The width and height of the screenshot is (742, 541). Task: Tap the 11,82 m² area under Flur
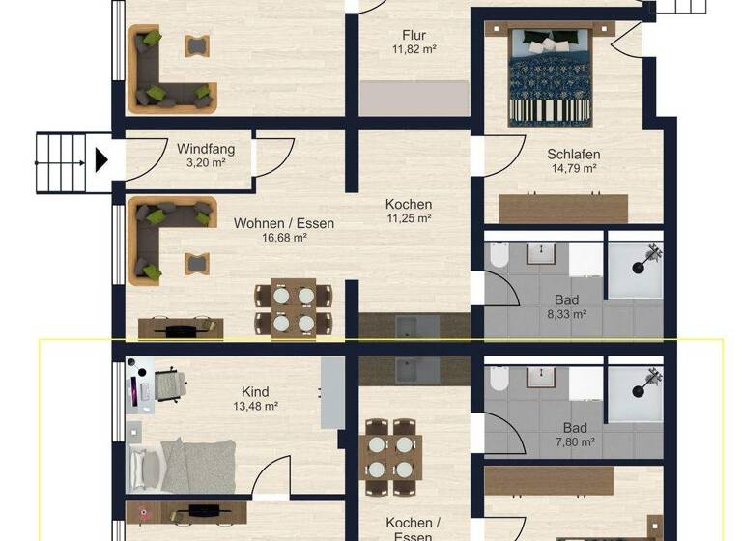click(x=414, y=48)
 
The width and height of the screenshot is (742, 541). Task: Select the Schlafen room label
click(x=574, y=154)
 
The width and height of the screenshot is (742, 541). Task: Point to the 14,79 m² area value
click(x=574, y=168)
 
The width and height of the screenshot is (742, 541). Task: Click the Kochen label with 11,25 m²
click(x=409, y=205)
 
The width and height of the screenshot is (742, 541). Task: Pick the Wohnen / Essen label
click(x=284, y=223)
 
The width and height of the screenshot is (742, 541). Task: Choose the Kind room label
click(x=255, y=391)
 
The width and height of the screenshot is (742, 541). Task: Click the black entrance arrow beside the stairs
click(x=100, y=159)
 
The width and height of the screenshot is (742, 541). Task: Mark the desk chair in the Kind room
click(x=170, y=383)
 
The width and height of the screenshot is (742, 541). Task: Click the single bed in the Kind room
click(x=184, y=464)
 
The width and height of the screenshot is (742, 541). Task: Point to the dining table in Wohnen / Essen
click(x=293, y=308)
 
